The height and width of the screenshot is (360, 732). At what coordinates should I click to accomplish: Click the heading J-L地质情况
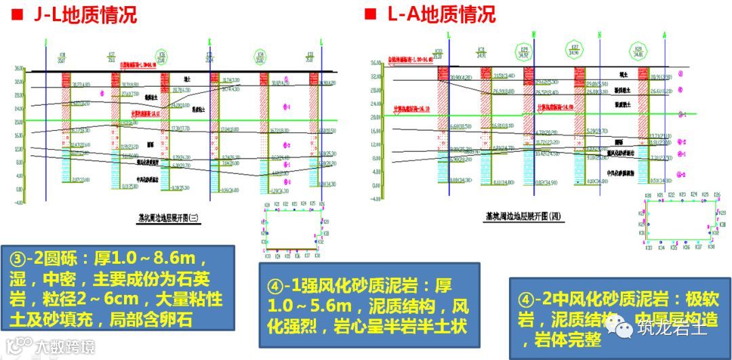pos(85,15)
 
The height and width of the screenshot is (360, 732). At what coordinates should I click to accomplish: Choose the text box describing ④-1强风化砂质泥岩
pos(369,305)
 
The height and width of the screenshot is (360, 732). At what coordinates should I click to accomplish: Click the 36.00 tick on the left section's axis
pos(18,68)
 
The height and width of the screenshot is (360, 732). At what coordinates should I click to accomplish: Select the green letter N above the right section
pos(599,35)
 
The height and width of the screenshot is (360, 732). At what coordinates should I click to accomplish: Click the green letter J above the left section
pos(45,42)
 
